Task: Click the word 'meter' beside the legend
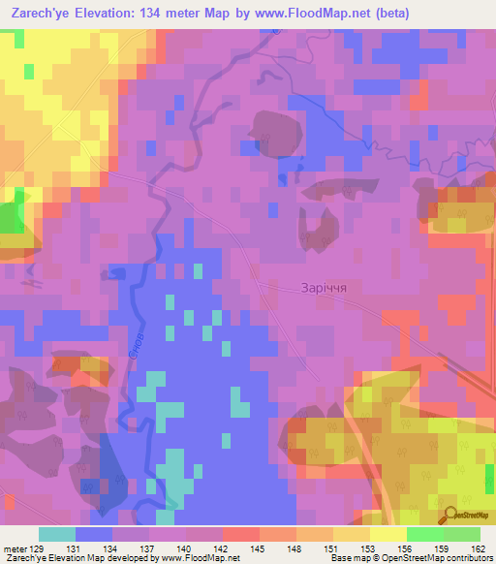pos(16,549)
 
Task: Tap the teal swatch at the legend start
pos(57,534)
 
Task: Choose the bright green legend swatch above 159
pos(425,534)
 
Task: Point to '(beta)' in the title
pos(383,14)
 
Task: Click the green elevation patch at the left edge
pos(10,220)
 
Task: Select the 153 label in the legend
pos(341,549)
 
